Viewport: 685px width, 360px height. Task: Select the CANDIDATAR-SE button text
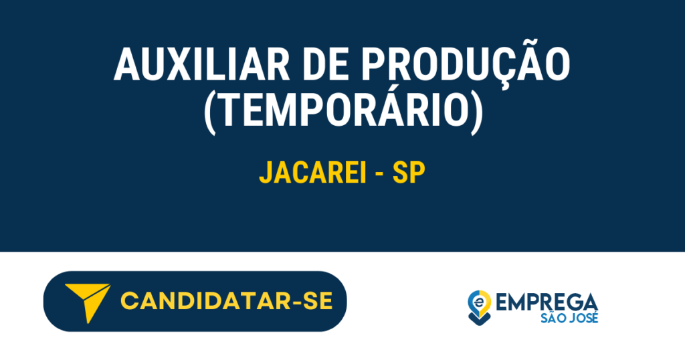click(226, 302)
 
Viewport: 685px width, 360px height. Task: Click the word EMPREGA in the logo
click(547, 301)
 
